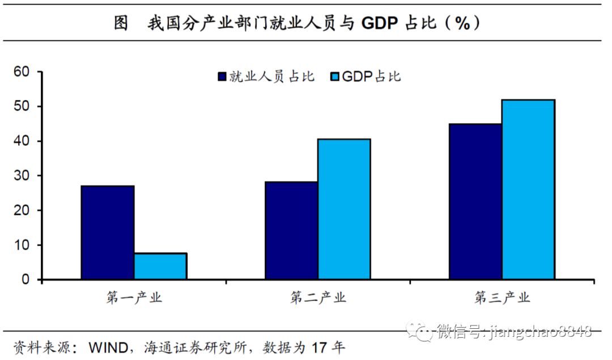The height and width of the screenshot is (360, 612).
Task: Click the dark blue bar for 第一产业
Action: click(x=108, y=232)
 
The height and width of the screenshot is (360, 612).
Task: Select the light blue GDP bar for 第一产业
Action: click(x=160, y=266)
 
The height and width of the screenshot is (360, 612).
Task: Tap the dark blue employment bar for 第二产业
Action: click(x=291, y=231)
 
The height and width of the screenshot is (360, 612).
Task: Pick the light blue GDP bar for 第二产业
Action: click(x=344, y=209)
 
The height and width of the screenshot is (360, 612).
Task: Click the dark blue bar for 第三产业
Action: click(x=475, y=202)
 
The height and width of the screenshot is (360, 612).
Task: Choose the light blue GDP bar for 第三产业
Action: click(x=528, y=189)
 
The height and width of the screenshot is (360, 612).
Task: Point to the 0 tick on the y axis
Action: click(x=25, y=279)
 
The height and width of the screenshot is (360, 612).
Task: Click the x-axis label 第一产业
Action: click(x=134, y=298)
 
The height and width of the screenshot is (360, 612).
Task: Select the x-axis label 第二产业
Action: click(x=318, y=298)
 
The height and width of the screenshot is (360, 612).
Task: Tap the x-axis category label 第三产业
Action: click(x=502, y=298)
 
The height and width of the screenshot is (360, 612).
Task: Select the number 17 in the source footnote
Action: click(x=320, y=347)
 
